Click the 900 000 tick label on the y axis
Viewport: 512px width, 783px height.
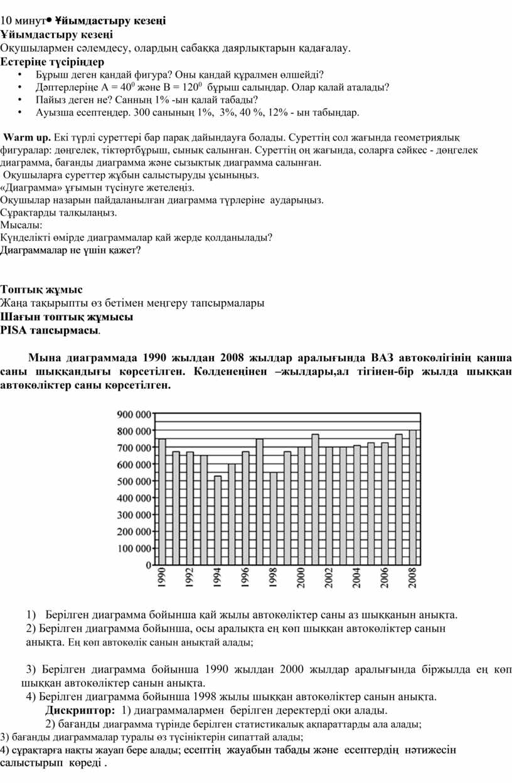tap(134, 414)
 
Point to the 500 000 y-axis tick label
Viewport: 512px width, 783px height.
tap(134, 481)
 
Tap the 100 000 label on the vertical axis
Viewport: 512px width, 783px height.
tap(134, 548)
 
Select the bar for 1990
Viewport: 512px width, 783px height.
tap(162, 502)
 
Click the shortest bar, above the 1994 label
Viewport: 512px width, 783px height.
tap(218, 520)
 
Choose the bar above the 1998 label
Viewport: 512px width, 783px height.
tap(274, 518)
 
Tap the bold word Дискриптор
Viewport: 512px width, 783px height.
tap(80, 710)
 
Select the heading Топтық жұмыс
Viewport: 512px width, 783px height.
tap(41, 290)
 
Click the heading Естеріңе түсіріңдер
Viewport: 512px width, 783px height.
tap(52, 62)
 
